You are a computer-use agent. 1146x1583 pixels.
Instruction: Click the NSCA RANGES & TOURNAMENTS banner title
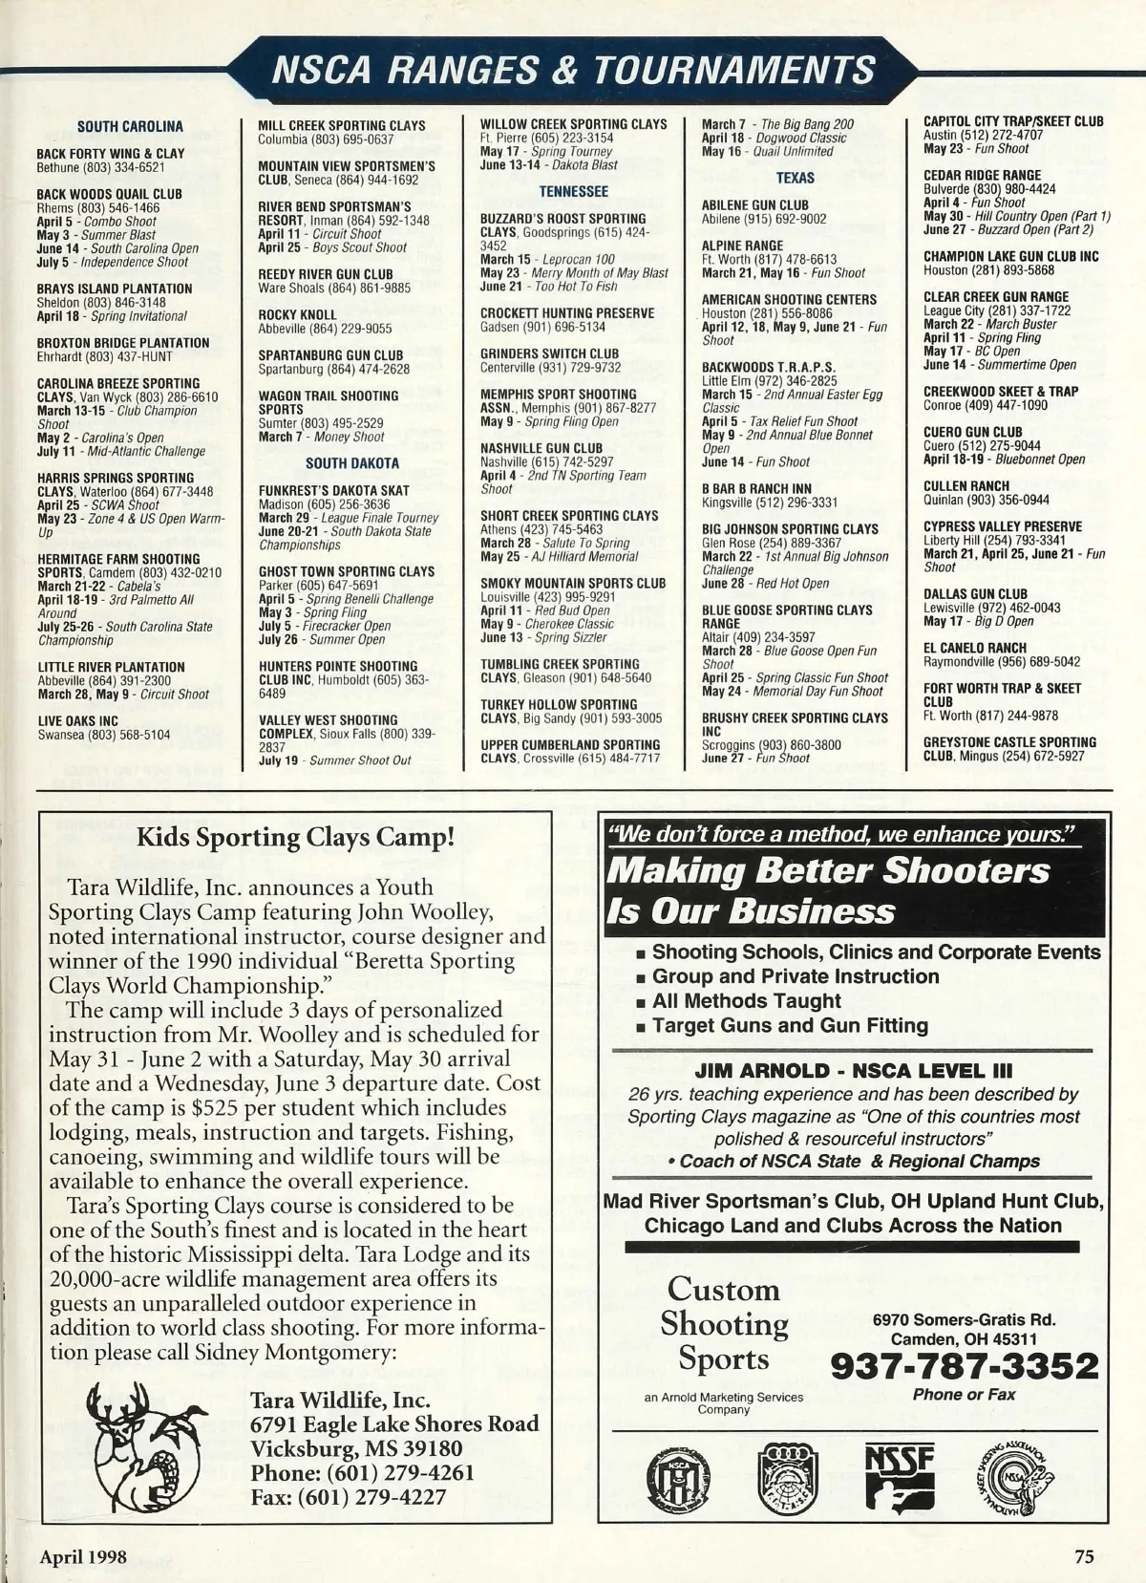coord(573,70)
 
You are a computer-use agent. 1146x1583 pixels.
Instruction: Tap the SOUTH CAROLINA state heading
coord(130,126)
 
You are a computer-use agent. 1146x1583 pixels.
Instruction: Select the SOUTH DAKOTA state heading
coord(352,463)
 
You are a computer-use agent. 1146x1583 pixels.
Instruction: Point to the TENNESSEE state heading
coord(573,191)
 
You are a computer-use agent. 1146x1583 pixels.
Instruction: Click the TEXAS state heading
coord(795,178)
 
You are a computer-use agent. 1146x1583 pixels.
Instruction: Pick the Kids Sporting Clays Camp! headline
coord(295,838)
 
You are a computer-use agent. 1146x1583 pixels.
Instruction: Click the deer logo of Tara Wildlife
coord(145,1441)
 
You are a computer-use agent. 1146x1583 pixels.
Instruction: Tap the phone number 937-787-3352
coord(965,1366)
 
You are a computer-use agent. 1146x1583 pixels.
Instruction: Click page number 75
coord(1084,1556)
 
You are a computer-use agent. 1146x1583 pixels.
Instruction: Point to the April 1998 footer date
coord(83,1556)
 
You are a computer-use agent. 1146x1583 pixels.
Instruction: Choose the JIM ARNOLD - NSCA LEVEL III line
coord(854,1071)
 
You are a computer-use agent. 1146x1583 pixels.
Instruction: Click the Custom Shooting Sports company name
coord(724,1324)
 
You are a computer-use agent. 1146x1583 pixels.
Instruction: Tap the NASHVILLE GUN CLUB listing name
coord(541,448)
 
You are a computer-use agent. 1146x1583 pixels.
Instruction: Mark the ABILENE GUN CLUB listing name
coord(755,205)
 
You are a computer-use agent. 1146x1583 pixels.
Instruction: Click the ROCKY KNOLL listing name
coord(298,314)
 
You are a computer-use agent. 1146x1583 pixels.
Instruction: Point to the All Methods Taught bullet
coord(745,1001)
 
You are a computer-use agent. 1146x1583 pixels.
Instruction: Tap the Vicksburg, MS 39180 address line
coord(356,1448)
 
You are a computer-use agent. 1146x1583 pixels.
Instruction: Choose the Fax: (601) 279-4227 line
coord(348,1496)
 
